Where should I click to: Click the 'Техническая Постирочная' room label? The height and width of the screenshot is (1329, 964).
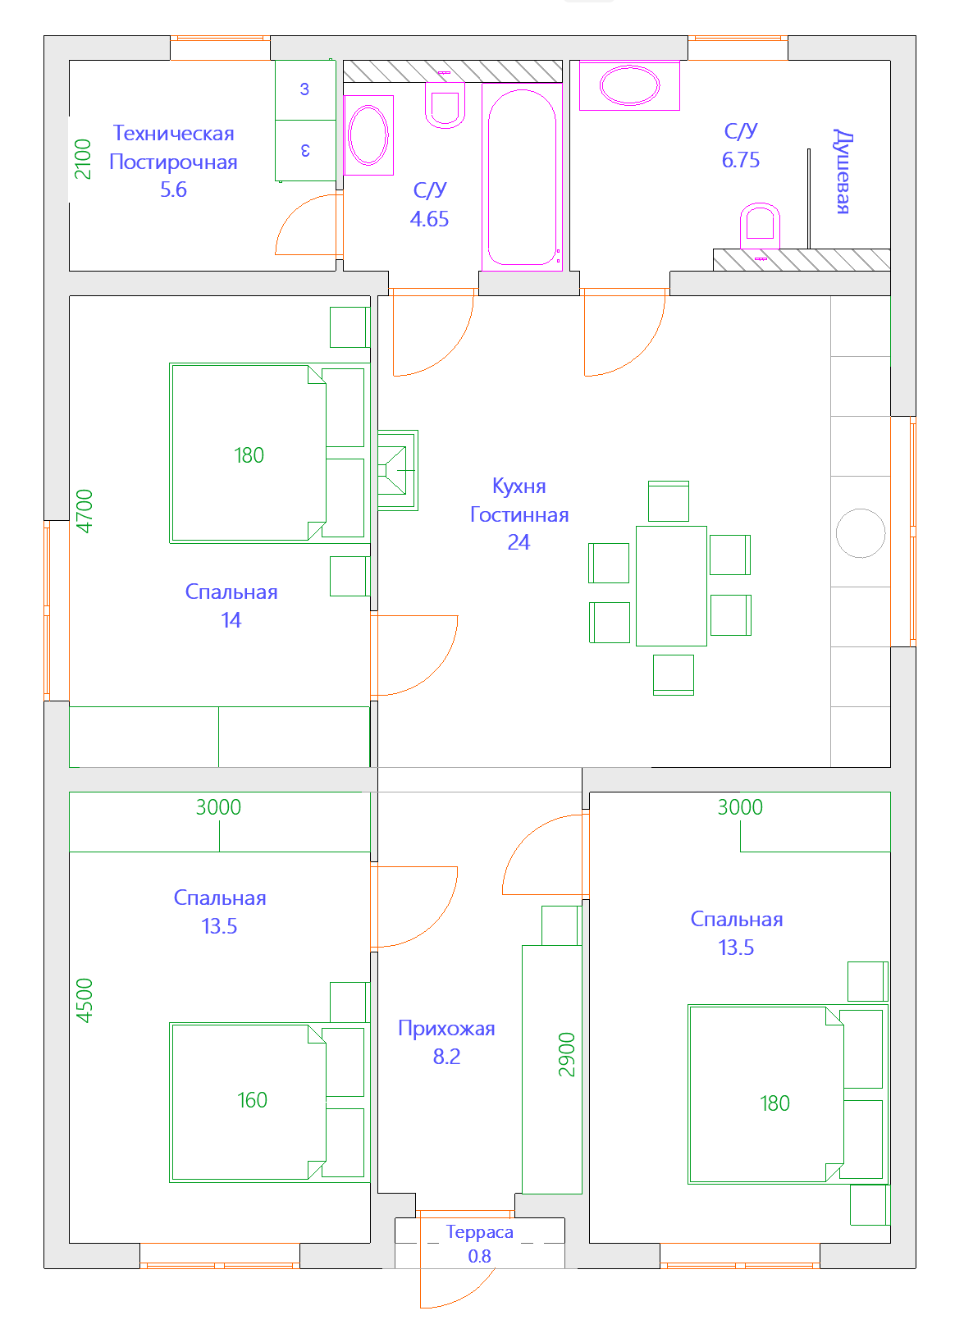(x=173, y=147)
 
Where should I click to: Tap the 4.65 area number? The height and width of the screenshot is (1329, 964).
(x=429, y=219)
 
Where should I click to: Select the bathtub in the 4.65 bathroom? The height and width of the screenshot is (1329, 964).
(x=522, y=177)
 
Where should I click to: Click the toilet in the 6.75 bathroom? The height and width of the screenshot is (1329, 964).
(x=760, y=226)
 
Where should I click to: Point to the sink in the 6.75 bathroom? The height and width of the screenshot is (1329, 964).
(x=629, y=85)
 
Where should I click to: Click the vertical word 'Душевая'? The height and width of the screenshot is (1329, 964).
(x=842, y=171)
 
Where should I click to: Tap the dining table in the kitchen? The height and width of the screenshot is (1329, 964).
(x=671, y=586)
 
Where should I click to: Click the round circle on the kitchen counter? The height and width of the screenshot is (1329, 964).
(x=860, y=532)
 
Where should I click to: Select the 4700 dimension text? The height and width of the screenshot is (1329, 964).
(x=85, y=511)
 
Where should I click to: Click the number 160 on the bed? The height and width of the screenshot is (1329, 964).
(x=252, y=1099)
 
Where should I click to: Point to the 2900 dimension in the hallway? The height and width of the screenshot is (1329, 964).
(x=567, y=1054)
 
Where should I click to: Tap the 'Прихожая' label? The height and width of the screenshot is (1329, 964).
(x=446, y=1028)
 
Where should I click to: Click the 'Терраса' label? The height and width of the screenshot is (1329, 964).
(x=479, y=1231)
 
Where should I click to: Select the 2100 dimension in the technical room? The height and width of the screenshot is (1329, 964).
(x=83, y=159)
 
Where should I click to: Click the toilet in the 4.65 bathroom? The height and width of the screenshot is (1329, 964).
(x=445, y=105)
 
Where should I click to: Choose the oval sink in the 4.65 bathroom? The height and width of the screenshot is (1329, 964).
(x=368, y=135)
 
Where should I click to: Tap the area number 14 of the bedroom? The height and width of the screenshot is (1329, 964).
(x=231, y=620)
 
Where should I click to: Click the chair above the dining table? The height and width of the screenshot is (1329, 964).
(x=669, y=500)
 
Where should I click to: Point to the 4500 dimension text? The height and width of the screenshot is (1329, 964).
(x=85, y=1000)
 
